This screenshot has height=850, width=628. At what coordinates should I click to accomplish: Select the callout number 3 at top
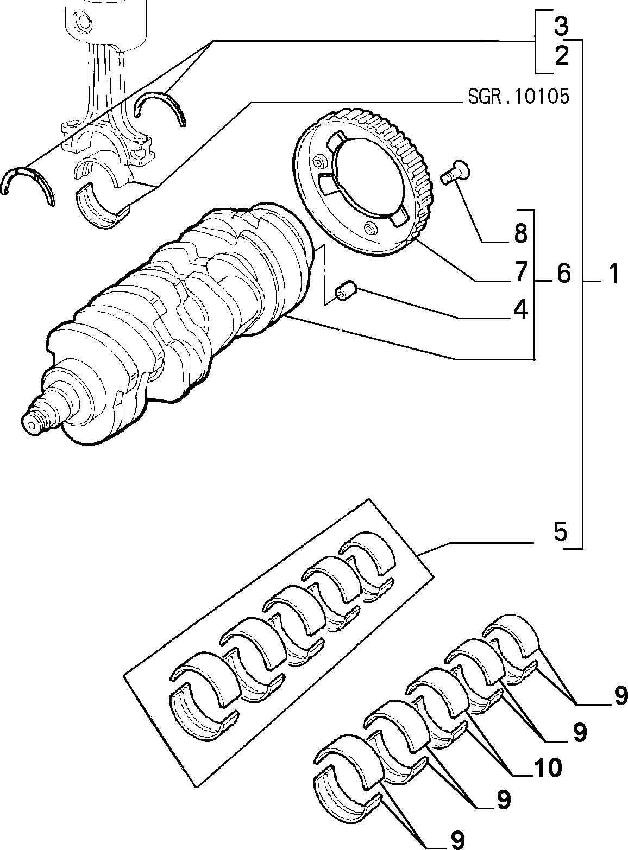tap(561, 26)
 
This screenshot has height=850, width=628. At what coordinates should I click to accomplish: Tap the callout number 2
tap(561, 56)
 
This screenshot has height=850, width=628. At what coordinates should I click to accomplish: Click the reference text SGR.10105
tap(518, 97)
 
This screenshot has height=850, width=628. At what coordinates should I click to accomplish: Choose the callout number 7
tap(520, 271)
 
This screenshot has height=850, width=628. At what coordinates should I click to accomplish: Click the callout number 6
tap(563, 274)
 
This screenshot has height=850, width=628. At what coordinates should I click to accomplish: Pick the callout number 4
tap(520, 309)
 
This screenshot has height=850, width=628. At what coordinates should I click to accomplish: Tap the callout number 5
tap(561, 531)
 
